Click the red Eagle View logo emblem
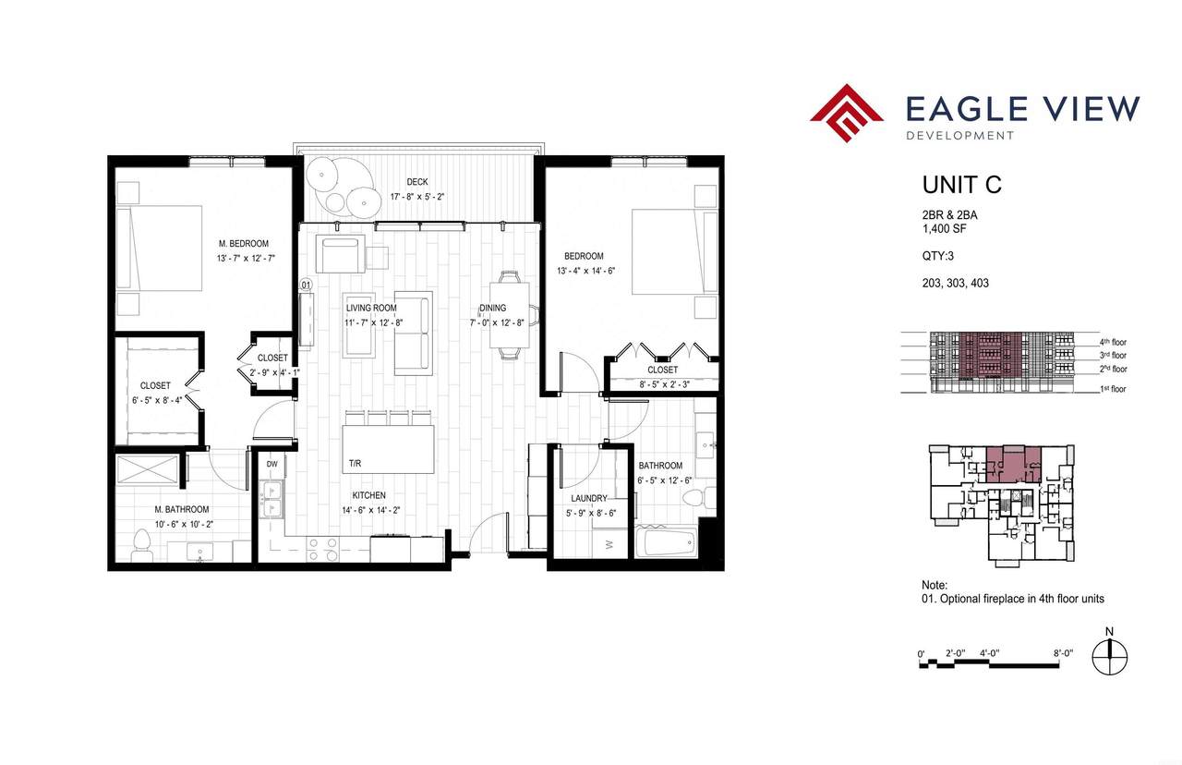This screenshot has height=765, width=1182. point(847,113)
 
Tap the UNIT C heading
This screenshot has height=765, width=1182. point(961,185)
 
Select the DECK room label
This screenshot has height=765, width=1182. point(416,182)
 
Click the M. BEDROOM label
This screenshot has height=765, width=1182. point(244,243)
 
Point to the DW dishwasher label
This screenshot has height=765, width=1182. point(271,465)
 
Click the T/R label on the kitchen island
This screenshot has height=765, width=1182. point(355,464)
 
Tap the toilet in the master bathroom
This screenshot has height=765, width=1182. point(141,545)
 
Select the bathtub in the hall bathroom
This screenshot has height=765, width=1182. point(666,540)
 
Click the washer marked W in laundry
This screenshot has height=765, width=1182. point(609,544)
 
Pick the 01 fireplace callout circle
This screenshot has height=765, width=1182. point(306,285)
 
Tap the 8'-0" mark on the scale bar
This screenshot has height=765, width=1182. point(1064,653)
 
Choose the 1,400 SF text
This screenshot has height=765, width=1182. point(945,228)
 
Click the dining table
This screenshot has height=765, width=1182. point(509,315)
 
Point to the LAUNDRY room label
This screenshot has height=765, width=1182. point(589,498)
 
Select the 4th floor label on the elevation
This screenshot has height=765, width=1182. point(1113,342)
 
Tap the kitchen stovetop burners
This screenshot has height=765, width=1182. point(322,549)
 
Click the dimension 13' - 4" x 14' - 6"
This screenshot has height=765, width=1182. point(585,271)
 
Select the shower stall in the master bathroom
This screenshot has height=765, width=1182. point(148,469)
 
